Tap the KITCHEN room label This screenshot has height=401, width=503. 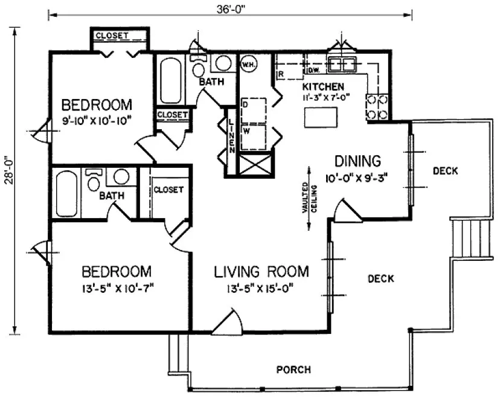323,87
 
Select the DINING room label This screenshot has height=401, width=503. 358,161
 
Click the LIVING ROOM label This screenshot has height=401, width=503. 261,272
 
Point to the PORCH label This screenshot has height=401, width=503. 293,369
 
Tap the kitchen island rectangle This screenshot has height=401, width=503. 320,118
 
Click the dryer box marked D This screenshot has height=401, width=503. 254,109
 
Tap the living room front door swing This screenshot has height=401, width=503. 229,321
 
